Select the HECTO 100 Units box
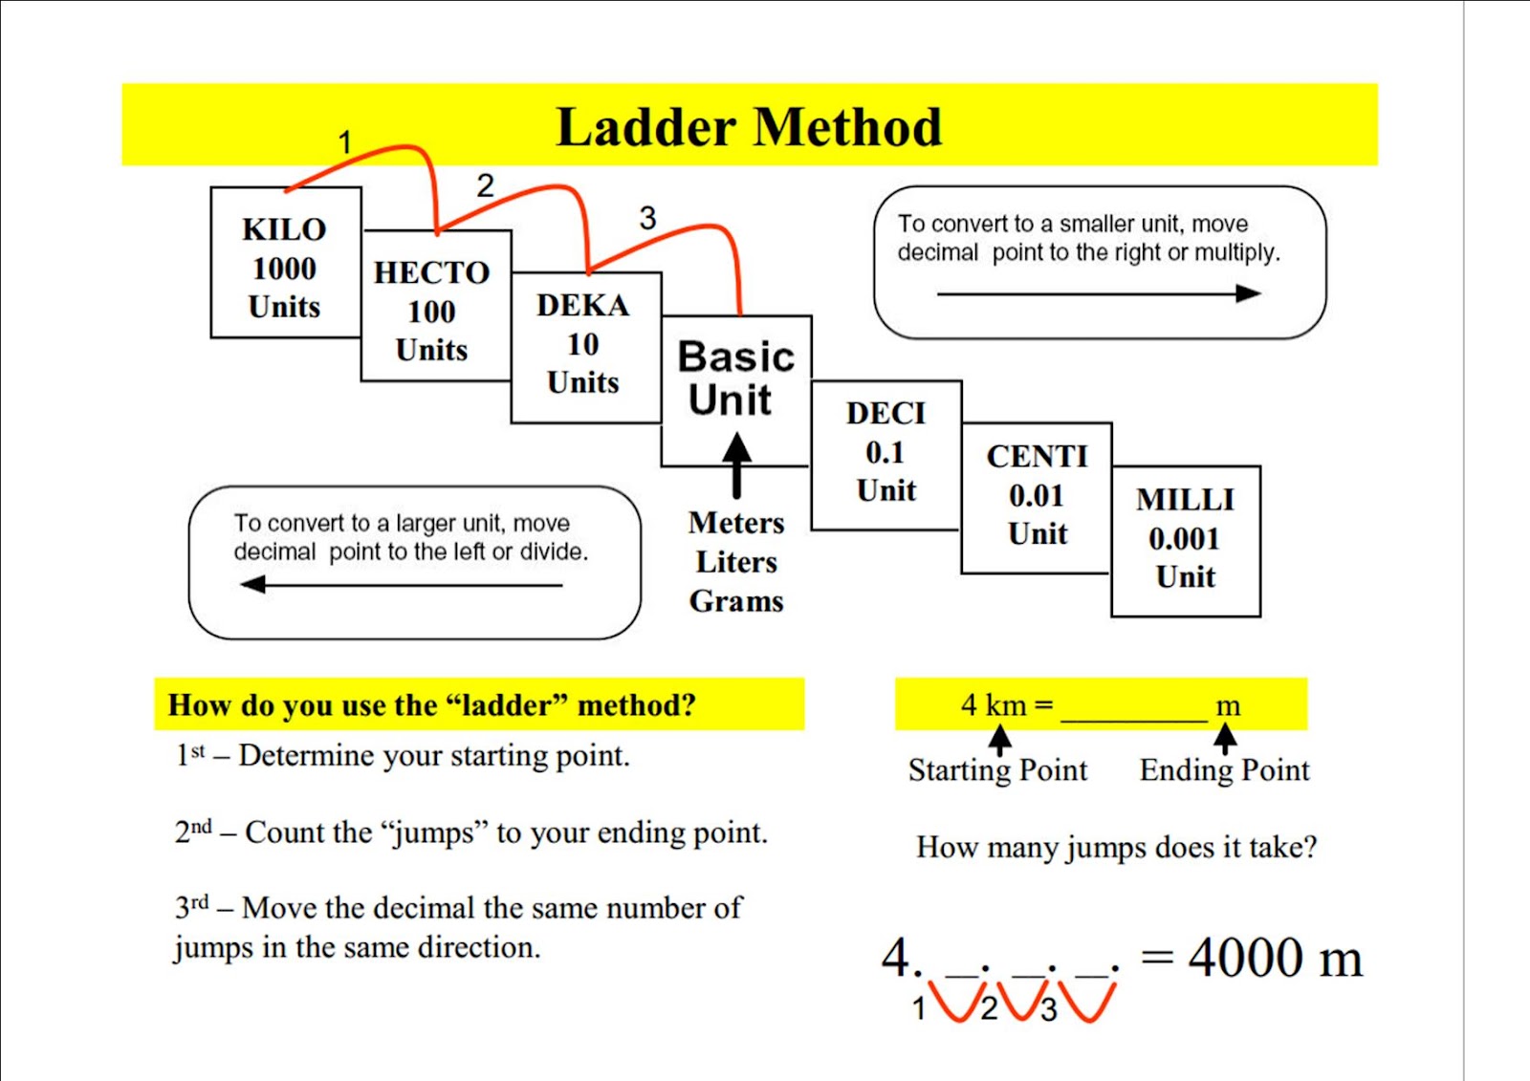click(432, 310)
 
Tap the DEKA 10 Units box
click(583, 344)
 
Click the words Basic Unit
click(735, 378)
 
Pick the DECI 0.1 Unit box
click(885, 451)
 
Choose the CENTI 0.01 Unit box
click(1037, 494)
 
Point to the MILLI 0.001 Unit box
click(1185, 538)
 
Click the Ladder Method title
click(749, 127)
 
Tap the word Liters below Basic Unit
click(736, 562)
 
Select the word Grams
click(736, 601)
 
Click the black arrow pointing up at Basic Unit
click(736, 464)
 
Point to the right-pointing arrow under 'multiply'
click(1100, 293)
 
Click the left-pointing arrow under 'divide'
click(402, 584)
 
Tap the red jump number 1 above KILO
click(345, 142)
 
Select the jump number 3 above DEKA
click(647, 218)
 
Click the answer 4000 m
click(1275, 958)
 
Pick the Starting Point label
click(997, 770)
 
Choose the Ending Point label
click(1224, 770)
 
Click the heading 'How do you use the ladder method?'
click(431, 705)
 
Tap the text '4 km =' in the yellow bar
click(1006, 705)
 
